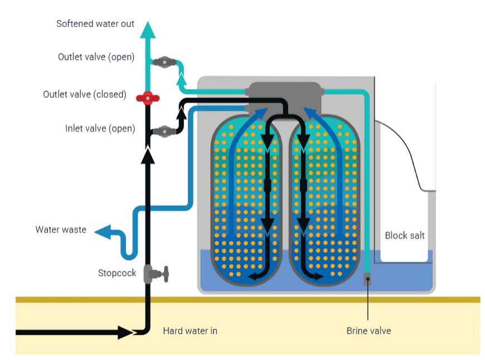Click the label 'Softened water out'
click(x=95, y=24)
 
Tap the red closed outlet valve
click(x=148, y=98)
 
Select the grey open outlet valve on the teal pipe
click(x=164, y=62)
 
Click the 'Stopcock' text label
click(x=117, y=273)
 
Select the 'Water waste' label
click(x=61, y=230)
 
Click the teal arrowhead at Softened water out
click(x=148, y=29)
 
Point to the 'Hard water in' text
click(x=190, y=331)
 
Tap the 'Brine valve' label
click(x=368, y=331)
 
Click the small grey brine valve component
click(x=368, y=279)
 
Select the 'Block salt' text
click(x=405, y=236)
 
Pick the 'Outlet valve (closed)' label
click(x=85, y=94)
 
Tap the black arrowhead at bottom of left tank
click(x=254, y=276)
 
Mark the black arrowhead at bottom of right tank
click(x=319, y=276)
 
